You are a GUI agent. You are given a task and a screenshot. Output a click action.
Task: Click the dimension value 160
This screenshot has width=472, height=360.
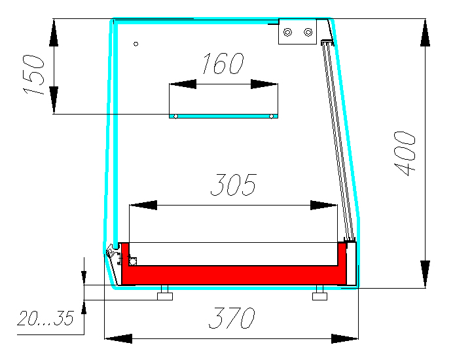223,63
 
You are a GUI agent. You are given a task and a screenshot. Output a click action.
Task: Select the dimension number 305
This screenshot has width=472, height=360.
234,185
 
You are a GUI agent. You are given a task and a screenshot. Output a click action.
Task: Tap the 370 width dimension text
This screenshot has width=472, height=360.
232,318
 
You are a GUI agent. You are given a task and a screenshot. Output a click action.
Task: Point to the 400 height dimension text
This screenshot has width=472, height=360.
405,153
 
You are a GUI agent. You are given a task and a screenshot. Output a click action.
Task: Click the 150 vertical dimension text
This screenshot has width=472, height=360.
33,75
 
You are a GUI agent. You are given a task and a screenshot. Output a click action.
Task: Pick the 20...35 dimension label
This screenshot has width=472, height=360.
45,318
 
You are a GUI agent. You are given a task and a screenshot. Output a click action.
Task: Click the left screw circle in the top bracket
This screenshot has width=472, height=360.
288,32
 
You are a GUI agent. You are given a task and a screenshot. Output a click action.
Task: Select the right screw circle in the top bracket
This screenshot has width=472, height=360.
308,32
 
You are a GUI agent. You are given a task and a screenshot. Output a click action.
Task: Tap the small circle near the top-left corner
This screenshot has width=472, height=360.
136,44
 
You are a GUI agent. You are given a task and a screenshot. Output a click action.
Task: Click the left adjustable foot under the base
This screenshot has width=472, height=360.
165,293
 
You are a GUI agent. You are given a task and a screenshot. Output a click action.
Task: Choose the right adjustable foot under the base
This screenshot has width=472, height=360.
319,293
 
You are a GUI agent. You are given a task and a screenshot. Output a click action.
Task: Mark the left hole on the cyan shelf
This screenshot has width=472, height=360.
176,117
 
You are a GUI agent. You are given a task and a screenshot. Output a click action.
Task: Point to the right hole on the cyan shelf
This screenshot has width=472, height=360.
271,117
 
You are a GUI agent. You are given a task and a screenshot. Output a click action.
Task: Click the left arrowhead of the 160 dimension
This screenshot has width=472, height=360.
183,84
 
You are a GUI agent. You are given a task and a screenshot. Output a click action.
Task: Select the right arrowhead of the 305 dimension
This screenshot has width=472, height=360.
323,206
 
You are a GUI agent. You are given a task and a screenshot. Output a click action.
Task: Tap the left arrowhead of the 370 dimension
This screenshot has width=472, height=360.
118,338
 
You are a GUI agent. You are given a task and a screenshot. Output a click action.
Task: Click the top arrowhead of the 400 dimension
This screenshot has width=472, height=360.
425,33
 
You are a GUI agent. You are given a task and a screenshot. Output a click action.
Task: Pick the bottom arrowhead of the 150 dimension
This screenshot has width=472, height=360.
54,100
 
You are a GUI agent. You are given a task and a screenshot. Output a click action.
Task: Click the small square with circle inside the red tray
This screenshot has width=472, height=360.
133,262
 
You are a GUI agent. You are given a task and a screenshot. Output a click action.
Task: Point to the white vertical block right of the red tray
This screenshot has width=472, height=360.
352,263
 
